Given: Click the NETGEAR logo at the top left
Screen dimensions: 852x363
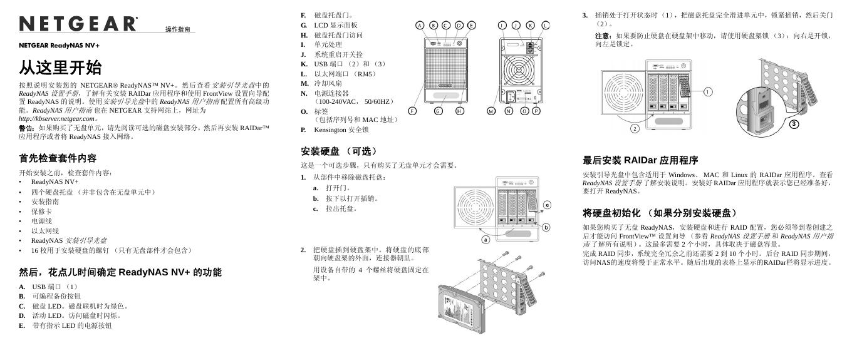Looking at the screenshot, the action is [x=78, y=24].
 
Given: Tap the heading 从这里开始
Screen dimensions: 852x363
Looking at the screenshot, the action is [x=60, y=67].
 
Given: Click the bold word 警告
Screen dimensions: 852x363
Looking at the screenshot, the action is [x=27, y=128].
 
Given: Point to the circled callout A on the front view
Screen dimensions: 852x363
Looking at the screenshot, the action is [x=420, y=26].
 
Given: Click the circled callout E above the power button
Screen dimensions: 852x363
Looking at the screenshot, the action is [x=472, y=26].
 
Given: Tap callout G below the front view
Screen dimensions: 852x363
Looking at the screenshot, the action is [x=439, y=111].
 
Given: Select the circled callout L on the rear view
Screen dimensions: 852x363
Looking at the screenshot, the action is [x=545, y=26].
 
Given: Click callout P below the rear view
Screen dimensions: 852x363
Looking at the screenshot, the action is [x=536, y=111].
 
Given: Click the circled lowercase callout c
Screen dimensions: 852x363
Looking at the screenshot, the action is [x=546, y=205].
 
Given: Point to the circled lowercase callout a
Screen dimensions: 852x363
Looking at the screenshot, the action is [x=485, y=239].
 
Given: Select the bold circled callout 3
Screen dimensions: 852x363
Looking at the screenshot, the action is [x=794, y=124].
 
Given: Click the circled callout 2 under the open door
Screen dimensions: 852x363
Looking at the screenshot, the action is [x=634, y=128].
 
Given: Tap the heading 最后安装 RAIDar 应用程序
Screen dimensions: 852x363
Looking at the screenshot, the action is [x=640, y=160].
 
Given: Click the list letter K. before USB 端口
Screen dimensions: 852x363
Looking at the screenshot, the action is [x=304, y=64].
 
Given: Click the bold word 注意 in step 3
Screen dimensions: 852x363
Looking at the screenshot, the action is [x=603, y=36].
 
